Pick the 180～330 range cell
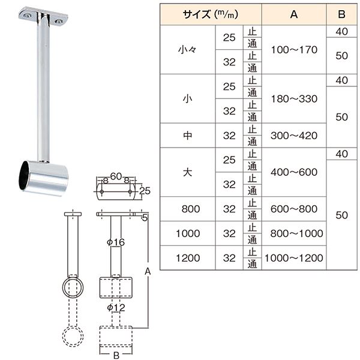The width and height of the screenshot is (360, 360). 294,98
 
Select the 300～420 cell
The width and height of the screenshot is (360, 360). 294,136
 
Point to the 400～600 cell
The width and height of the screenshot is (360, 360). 294,172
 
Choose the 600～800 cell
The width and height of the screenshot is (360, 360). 294,209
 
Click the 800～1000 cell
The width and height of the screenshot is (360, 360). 294,233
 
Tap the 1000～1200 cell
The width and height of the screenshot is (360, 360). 294,258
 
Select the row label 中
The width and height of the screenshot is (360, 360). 188,136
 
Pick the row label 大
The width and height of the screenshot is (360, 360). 188,172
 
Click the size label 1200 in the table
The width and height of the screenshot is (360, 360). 188,258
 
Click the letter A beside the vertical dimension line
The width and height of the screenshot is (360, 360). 148,271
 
